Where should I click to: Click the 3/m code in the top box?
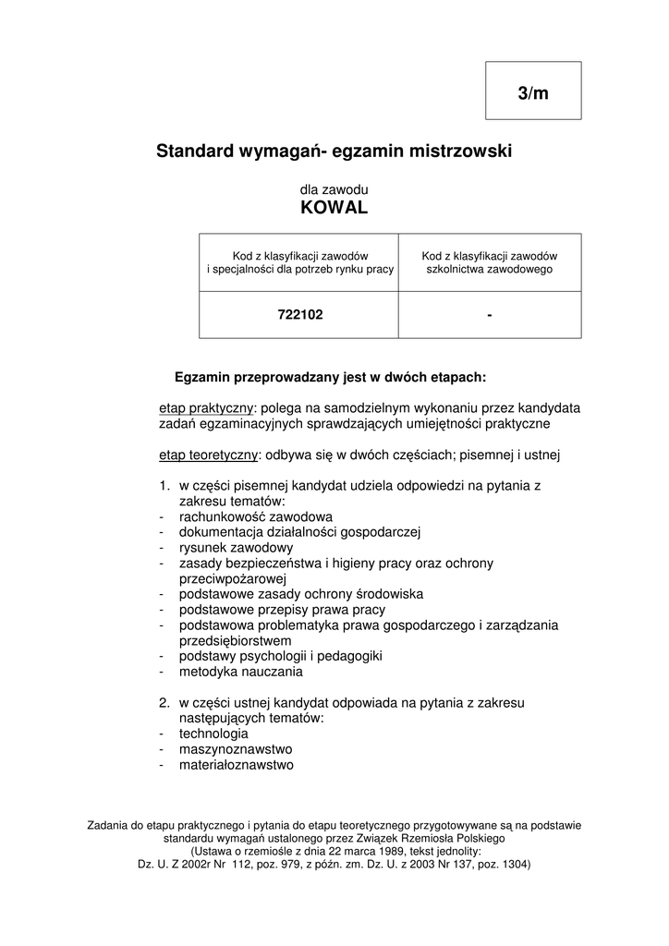click(533, 93)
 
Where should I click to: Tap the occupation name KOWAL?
click(334, 209)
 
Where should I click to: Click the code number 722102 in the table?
click(300, 315)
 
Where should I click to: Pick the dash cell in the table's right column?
click(489, 315)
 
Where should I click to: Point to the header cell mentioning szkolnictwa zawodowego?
click(489, 262)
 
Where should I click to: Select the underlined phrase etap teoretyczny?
click(209, 455)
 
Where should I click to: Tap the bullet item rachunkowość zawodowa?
click(256, 516)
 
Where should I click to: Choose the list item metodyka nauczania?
click(241, 672)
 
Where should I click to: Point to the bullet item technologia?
click(213, 734)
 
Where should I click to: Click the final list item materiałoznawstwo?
click(237, 765)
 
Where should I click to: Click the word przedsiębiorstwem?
click(236, 640)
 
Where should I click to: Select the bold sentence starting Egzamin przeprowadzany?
click(330, 377)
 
